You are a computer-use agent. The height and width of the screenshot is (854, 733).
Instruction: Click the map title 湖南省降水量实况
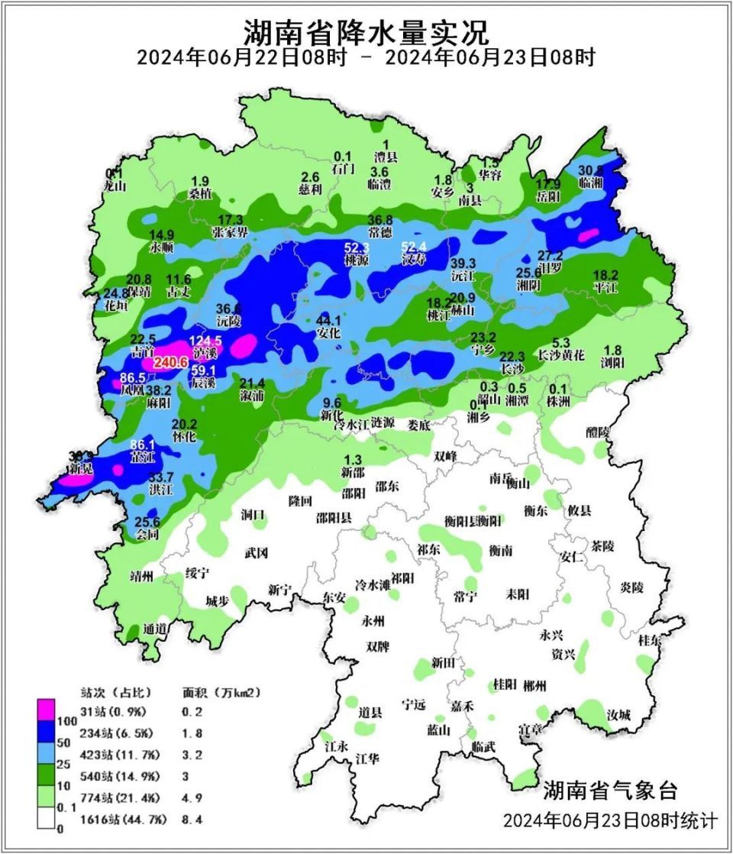click(x=366, y=33)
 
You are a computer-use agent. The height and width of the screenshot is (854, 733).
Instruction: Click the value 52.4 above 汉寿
click(x=416, y=247)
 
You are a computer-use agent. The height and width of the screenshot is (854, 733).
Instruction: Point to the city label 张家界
click(x=230, y=232)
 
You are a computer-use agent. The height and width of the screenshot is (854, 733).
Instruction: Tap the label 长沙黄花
click(x=561, y=355)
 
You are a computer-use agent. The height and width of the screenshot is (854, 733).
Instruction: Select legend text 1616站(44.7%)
click(x=116, y=821)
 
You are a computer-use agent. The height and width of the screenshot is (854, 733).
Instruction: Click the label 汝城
click(x=618, y=716)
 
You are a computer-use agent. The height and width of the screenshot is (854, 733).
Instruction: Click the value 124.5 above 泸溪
click(x=205, y=340)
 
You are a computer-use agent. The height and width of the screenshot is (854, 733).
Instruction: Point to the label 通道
click(x=155, y=629)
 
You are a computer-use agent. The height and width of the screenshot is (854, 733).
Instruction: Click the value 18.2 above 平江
click(x=605, y=274)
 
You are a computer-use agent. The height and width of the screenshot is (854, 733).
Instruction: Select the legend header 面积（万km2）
click(x=221, y=693)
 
